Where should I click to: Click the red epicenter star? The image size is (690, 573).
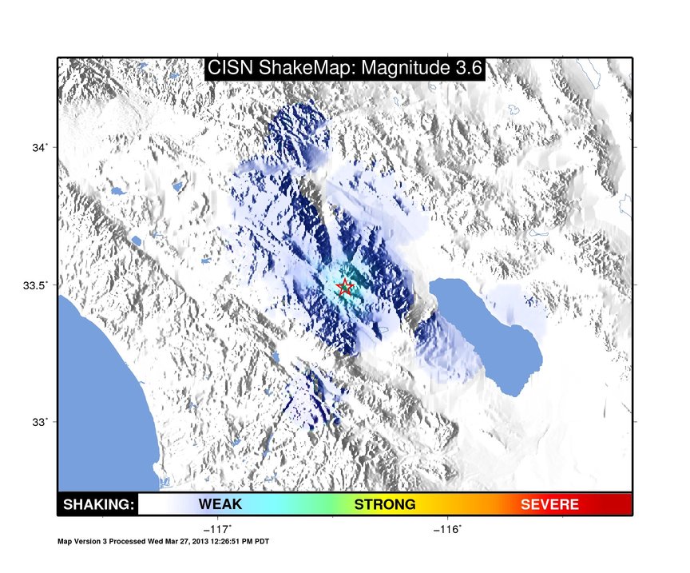coord(344,287)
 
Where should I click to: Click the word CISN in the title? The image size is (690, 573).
coord(230,68)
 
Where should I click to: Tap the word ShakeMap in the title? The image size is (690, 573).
coord(307,68)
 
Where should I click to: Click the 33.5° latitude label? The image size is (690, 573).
coord(35,285)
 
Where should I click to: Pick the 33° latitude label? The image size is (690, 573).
coord(39,422)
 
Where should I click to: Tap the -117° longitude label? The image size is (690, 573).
coord(218,529)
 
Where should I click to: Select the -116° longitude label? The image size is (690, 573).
coord(447,529)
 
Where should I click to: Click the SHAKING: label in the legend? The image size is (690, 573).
coord(98,504)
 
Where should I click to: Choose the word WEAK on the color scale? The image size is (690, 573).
coord(220,504)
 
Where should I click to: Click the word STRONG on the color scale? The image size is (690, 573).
coord(385,504)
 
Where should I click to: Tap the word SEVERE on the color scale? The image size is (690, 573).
coord(549,504)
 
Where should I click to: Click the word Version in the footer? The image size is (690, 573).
coord(90,541)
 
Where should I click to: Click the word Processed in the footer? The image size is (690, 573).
coord(127,541)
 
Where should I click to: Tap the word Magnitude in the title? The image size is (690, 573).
coord(404,68)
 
